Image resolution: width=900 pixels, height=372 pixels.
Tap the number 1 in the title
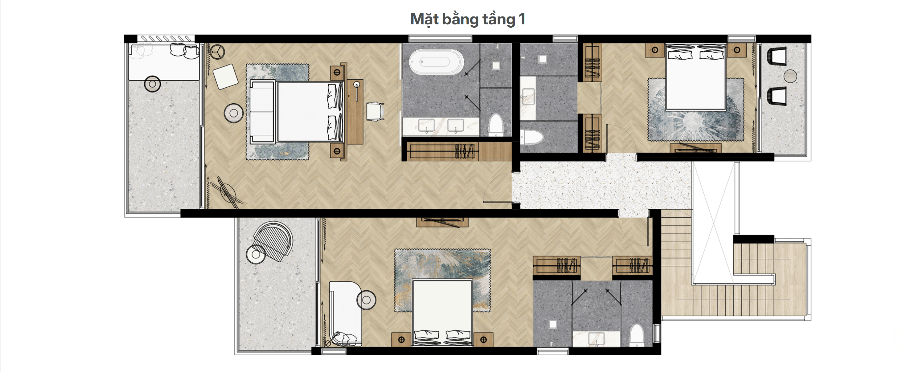[x=522, y=19]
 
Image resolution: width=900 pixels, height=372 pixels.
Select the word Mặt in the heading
[x=424, y=19]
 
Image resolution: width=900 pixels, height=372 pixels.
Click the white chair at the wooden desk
[x=375, y=111]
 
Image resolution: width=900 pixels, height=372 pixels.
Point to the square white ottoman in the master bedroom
[x=226, y=76]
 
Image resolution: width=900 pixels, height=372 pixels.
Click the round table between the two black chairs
[x=790, y=76]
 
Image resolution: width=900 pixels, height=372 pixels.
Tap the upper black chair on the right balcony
[x=777, y=56]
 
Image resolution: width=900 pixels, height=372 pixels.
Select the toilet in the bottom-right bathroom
[x=637, y=336]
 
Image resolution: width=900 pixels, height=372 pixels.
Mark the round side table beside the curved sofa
[x=366, y=300]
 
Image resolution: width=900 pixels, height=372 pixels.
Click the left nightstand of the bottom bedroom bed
[x=401, y=339]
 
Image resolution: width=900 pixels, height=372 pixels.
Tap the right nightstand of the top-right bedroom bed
[x=737, y=50]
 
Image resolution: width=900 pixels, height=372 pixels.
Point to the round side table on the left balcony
[x=152, y=84]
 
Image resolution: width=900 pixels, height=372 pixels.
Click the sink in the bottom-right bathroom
[x=596, y=338]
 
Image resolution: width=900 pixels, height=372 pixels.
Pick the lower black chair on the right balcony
[x=777, y=96]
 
